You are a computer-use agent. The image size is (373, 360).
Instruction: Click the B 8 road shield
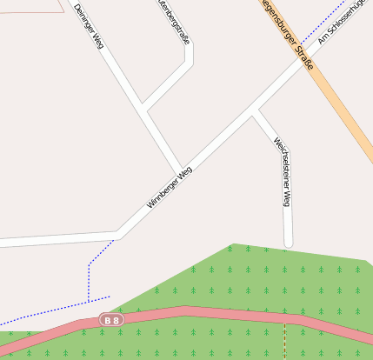pyautogui.click(x=111, y=320)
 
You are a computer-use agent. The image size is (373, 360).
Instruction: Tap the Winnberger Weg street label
pyautogui.click(x=169, y=187)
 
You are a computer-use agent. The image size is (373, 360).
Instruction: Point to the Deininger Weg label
pyautogui.click(x=89, y=25)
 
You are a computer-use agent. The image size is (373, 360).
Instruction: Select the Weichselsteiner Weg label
pyautogui.click(x=281, y=171)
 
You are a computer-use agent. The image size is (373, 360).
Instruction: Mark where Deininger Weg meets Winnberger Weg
pyautogui.click(x=183, y=170)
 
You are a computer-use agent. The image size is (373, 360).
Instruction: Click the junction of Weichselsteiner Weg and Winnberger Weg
pyautogui.click(x=255, y=110)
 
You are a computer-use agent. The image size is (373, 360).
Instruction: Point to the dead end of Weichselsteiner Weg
pyautogui.click(x=289, y=244)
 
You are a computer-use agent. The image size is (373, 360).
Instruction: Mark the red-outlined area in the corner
pyautogui.click(x=30, y=4)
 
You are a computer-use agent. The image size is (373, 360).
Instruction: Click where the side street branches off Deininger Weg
pyautogui.click(x=144, y=110)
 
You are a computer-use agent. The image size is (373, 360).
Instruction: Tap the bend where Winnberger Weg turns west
pyautogui.click(x=117, y=235)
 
